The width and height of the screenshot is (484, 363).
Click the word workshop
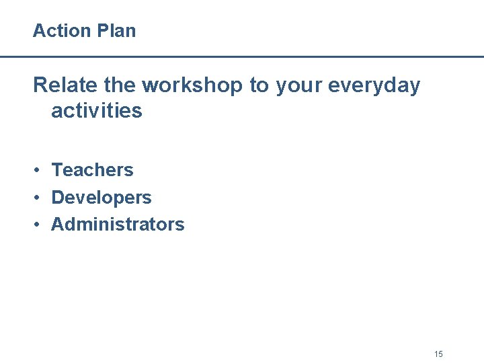[x=192, y=86]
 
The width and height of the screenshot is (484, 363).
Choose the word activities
[x=97, y=111]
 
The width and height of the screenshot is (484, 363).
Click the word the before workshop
[x=121, y=85]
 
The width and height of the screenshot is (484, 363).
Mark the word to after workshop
[x=259, y=86]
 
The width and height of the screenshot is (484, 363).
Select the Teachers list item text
[x=93, y=170]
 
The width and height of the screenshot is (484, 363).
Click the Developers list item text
[x=102, y=198]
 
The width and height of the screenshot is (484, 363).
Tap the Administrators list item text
[x=118, y=224]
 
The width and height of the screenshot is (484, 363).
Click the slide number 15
[x=438, y=354]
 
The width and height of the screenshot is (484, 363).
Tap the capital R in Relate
[x=40, y=85]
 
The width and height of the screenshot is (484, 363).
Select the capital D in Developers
[x=57, y=198]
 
